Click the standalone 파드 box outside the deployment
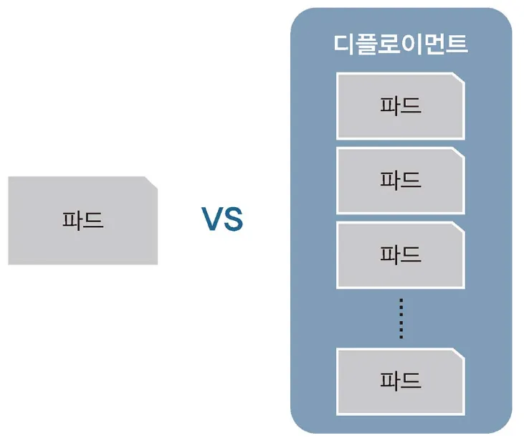tap(82, 220)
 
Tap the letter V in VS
tap(211, 220)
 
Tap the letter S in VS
tap(233, 220)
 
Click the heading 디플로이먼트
tap(401, 44)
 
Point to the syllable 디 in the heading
tap(346, 44)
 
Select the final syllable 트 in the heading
tap(457, 44)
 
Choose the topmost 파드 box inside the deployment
tap(400, 106)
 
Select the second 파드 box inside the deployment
tap(400, 181)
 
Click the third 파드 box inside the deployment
tap(400, 254)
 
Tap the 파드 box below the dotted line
tap(400, 380)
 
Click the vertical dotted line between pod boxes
tap(401, 318)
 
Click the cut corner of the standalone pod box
tap(151, 182)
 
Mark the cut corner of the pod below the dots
tap(457, 354)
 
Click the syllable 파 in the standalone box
tap(72, 220)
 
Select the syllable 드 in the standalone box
tap(93, 220)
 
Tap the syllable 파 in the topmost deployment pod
tap(389, 106)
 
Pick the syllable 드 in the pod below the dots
tap(411, 380)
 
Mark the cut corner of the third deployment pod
tap(457, 229)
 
